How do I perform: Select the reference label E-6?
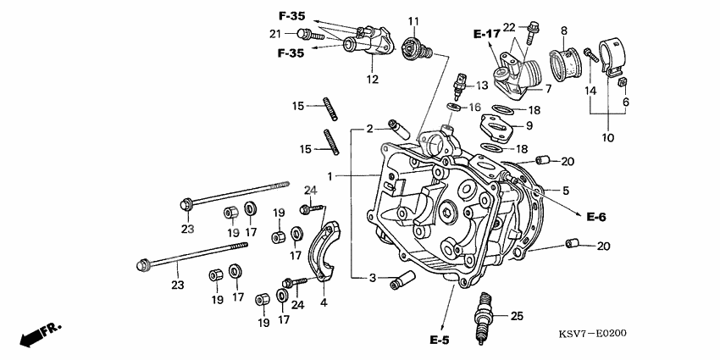coord(596,218)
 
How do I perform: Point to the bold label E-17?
coord(487,33)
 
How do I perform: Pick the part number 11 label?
coord(413,20)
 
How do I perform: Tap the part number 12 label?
coord(372,80)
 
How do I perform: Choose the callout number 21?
coord(274,34)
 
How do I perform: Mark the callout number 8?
coord(563,30)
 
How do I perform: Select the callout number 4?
coord(324,302)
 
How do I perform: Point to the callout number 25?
coord(517,316)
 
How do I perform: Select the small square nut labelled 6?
coord(622,82)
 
